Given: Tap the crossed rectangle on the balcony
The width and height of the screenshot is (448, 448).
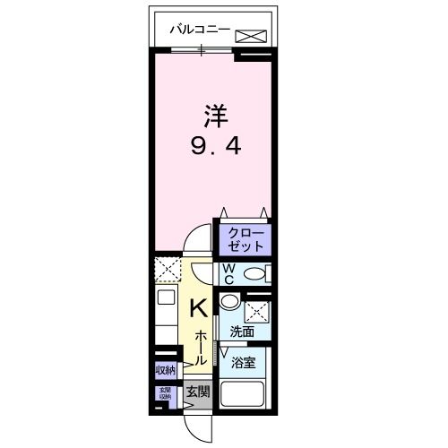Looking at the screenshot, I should pyautogui.click(x=252, y=36).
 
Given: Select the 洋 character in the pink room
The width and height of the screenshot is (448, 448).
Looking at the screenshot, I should pyautogui.click(x=212, y=116).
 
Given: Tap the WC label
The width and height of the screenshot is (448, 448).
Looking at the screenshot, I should pyautogui.click(x=228, y=273).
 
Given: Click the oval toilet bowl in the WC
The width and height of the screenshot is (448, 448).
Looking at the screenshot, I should pyautogui.click(x=254, y=274).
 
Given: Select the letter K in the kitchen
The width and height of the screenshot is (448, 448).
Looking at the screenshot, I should pyautogui.click(x=200, y=308).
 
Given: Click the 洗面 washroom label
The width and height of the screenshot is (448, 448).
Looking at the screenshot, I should pyautogui.click(x=241, y=332).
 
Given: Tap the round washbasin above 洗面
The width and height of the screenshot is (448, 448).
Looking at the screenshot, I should pyautogui.click(x=230, y=303).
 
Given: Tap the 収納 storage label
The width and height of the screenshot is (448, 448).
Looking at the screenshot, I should pyautogui.click(x=165, y=369).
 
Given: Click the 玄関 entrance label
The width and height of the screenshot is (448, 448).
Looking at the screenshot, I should pyautogui.click(x=198, y=392).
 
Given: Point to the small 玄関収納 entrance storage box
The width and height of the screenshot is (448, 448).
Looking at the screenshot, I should pyautogui.click(x=165, y=393).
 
